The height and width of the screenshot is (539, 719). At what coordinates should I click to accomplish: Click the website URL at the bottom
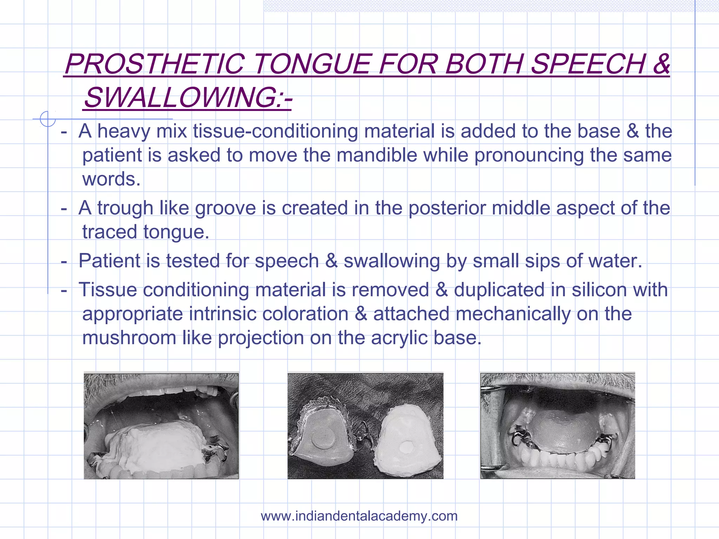pos(359,516)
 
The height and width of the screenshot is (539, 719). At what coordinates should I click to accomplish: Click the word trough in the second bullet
pos(125,208)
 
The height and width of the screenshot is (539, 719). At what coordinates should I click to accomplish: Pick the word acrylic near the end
pos(399,338)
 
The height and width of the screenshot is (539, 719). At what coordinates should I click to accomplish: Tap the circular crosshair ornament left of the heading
pos(47,119)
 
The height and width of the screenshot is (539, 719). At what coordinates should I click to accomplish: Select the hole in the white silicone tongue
pos(407,447)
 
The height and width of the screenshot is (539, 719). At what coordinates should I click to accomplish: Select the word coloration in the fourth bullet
pos(305,314)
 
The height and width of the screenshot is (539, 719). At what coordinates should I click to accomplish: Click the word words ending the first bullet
pos(111,179)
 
